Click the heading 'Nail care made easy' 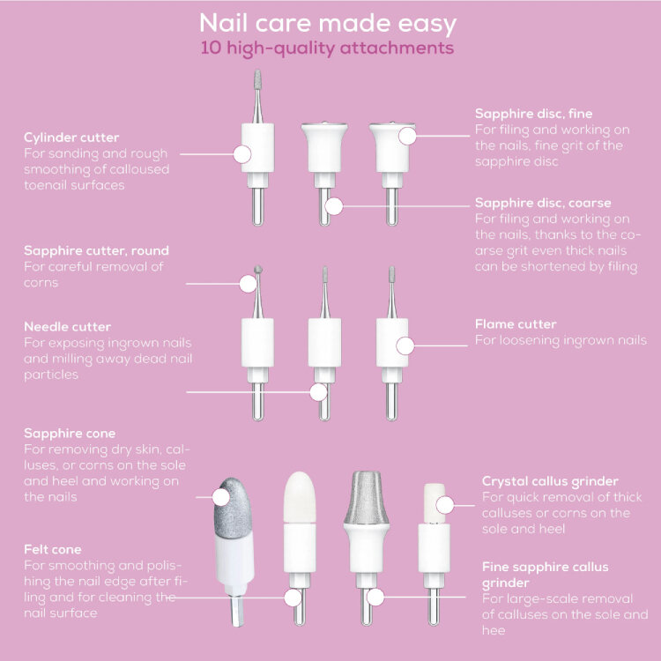pyautogui.click(x=328, y=24)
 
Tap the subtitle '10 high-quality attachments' pyautogui.click(x=327, y=48)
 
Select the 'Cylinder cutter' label pyautogui.click(x=71, y=137)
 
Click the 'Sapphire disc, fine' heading pyautogui.click(x=533, y=114)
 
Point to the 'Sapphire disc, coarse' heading pyautogui.click(x=543, y=203)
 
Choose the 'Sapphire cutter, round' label pyautogui.click(x=96, y=250)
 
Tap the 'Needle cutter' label pyautogui.click(x=68, y=327)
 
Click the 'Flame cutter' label pyautogui.click(x=516, y=324)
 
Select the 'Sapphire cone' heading pyautogui.click(x=70, y=434)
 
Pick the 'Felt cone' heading pyautogui.click(x=53, y=549)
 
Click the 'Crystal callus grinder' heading pyautogui.click(x=550, y=481)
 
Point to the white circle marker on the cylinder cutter pyautogui.click(x=242, y=154)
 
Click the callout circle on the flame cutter pyautogui.click(x=405, y=345)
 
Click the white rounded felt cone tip pyautogui.click(x=300, y=497)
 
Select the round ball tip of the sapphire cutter pyautogui.click(x=258, y=270)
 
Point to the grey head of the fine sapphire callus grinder pyautogui.click(x=366, y=497)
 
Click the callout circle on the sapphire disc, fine pyautogui.click(x=407, y=136)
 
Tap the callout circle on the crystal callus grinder pyautogui.click(x=445, y=505)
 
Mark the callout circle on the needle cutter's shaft pyautogui.click(x=318, y=392)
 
